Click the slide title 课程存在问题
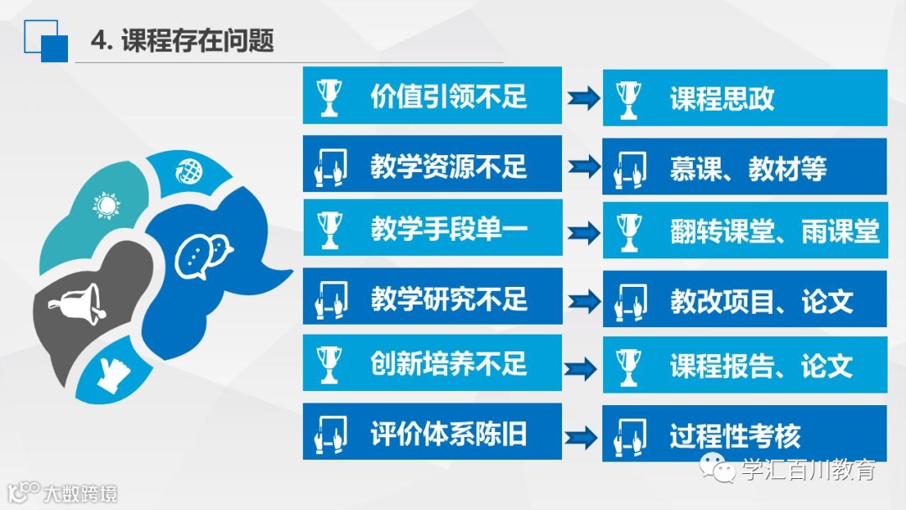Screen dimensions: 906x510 click(x=197, y=40)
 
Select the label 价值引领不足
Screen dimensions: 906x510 click(x=449, y=96)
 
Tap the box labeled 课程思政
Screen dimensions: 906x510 click(x=721, y=98)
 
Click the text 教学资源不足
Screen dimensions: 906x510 click(x=449, y=165)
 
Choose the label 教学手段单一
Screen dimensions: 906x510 click(x=449, y=228)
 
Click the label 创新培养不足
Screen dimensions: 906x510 click(x=449, y=363)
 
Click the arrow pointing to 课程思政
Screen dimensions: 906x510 click(x=583, y=98)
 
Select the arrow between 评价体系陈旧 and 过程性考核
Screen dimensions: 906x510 click(x=583, y=436)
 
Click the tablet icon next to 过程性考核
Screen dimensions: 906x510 click(x=627, y=435)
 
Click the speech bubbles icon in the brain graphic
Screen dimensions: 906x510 click(x=204, y=255)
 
